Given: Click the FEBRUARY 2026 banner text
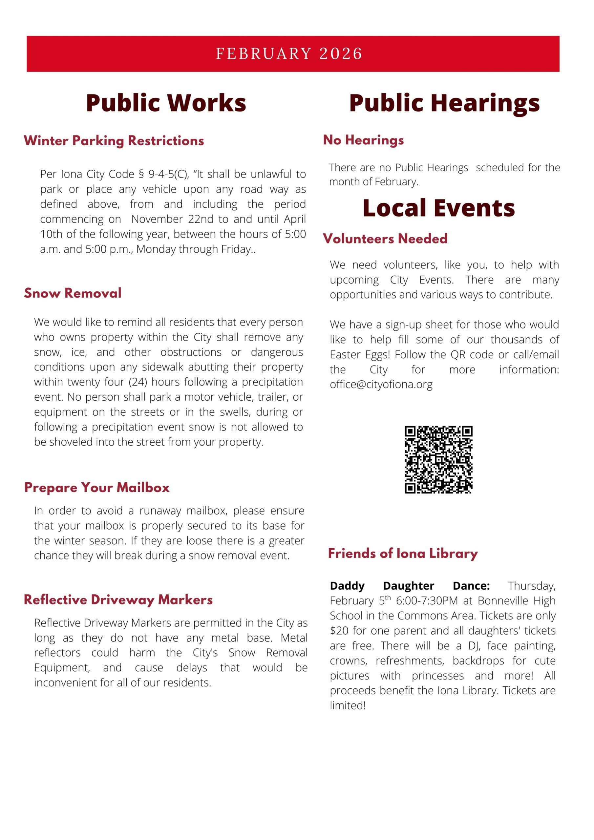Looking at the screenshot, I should click(x=289, y=54).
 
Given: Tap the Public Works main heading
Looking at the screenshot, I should click(x=166, y=103).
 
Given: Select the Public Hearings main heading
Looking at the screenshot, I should click(x=444, y=103).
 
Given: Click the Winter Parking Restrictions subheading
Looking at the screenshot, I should click(x=114, y=141).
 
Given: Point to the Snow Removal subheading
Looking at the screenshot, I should click(x=73, y=293).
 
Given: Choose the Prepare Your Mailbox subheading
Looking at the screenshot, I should click(x=97, y=488).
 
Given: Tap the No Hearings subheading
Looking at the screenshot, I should click(x=363, y=140).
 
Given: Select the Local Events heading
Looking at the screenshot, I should click(x=438, y=208).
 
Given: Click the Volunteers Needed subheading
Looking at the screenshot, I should click(x=385, y=239).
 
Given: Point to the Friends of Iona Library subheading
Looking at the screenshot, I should click(x=403, y=554).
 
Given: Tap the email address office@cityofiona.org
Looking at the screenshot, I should click(x=381, y=385).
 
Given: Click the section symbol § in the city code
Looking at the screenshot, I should click(x=141, y=174).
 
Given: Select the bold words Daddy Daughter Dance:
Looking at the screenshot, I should click(x=410, y=586).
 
